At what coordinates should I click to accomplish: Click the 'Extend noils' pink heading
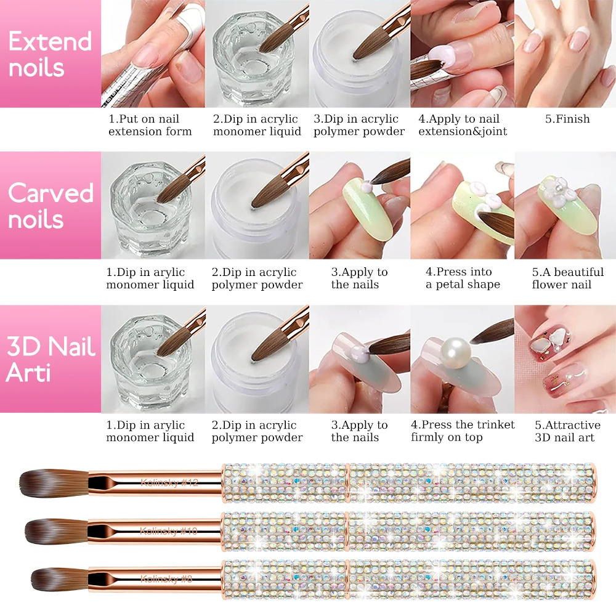49,54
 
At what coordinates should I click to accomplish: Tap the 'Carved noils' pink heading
51,206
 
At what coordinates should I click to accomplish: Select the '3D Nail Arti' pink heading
51,359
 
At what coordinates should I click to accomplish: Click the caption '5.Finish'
567,119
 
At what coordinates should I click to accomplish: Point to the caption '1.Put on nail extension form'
150,125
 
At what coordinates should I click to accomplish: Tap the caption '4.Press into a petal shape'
463,278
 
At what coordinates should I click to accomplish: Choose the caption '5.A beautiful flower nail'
567,278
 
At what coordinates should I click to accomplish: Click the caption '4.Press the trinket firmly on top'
463,431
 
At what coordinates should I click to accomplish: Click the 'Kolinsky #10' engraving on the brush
168,530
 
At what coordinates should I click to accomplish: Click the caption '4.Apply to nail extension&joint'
463,125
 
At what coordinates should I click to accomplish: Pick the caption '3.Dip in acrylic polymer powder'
359,125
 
